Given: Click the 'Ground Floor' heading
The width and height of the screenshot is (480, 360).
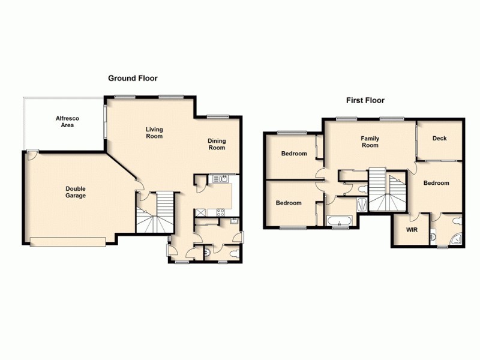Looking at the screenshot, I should coord(133,78).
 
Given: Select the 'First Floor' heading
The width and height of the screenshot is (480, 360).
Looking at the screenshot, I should coord(365,101).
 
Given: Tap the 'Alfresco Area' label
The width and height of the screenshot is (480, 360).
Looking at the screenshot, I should coord(64,122).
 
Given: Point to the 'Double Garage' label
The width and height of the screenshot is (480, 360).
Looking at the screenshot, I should coord(76,192).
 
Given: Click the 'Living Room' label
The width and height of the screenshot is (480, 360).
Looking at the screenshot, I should coord(154,133).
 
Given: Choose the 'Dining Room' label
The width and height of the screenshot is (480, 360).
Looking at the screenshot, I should coord(217,144).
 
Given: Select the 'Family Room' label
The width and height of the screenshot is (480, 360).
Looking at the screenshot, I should coord(370,142).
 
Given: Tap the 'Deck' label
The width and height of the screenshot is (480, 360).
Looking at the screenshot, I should coord(439,139).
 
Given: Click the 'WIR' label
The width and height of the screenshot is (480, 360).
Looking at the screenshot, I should coord(412,230).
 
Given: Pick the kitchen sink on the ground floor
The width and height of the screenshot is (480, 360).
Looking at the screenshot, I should coord(220,179).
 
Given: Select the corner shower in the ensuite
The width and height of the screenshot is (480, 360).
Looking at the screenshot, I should coord(457,238).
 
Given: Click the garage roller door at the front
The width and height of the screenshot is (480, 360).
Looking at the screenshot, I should coord(68,241).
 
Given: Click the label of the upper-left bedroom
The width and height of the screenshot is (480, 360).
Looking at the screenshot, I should coord(294,154).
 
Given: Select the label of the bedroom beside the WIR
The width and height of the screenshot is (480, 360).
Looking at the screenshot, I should coord(436,183).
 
